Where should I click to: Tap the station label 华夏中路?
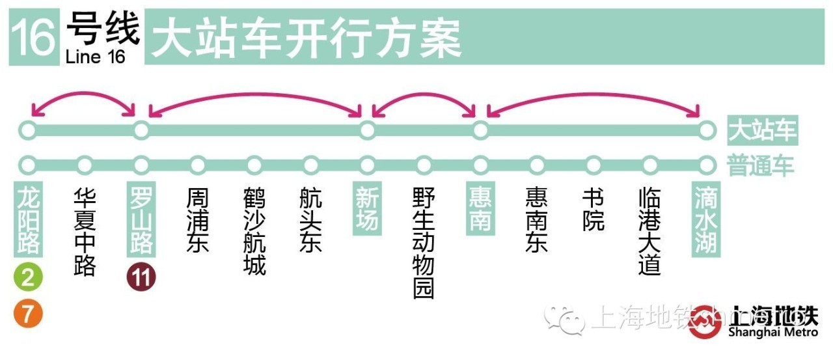coord(85,232)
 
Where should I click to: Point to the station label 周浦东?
coord(198,220)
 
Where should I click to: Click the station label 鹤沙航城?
coord(254,232)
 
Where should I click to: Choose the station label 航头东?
coord(311,220)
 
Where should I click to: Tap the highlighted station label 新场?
coord(367,209)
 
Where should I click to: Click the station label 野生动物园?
coord(424,243)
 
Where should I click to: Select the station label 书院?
coord(594,209)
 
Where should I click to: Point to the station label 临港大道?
coord(650,232)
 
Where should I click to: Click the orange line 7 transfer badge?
coord(28,314)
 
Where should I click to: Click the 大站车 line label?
coord(762,131)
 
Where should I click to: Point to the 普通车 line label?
coord(762,165)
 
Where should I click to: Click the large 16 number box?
coord(34,38)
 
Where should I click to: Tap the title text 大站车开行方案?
coord(306,38)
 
